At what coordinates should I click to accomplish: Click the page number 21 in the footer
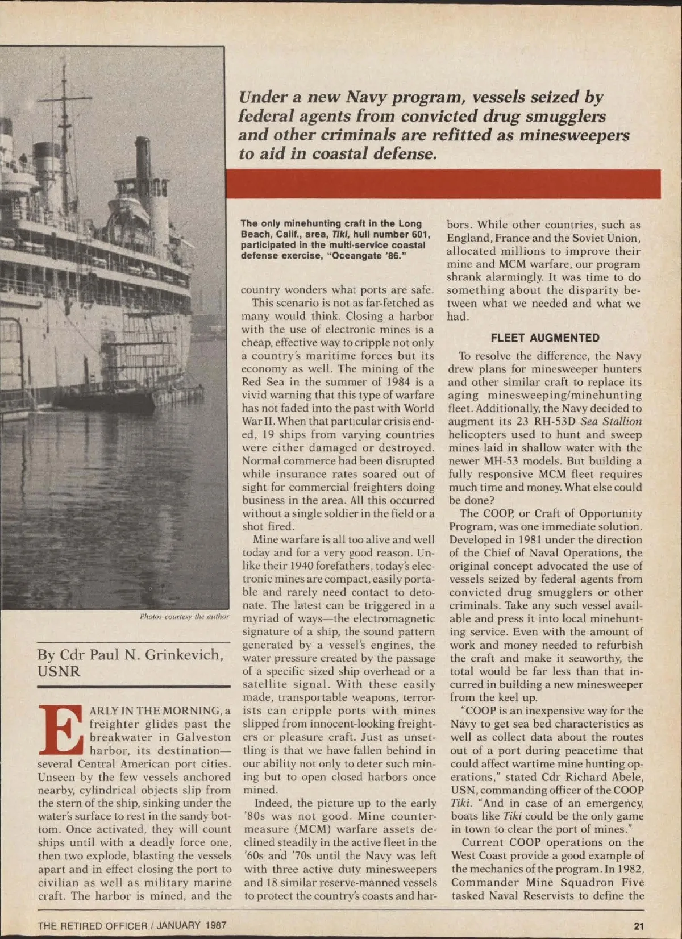click(639, 926)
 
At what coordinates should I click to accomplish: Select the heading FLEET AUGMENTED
click(545, 338)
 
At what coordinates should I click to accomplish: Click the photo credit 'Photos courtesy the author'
click(184, 616)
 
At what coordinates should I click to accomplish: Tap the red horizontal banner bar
click(443, 184)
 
